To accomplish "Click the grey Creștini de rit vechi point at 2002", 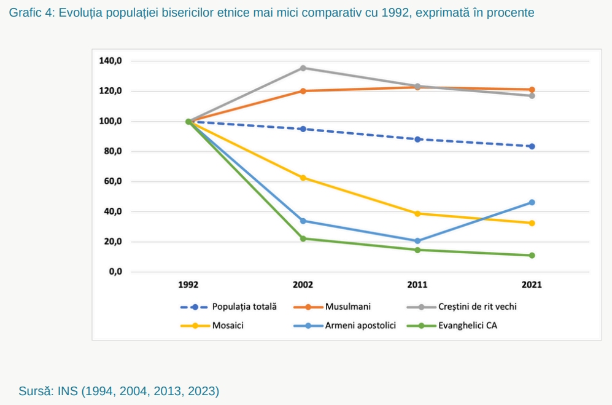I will [x=303, y=68].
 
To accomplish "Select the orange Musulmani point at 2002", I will [x=303, y=91].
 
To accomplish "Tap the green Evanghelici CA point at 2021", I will [x=532, y=255].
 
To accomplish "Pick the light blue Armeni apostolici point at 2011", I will [x=417, y=241].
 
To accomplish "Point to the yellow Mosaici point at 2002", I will [x=303, y=178].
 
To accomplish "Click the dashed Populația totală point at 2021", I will [x=532, y=146].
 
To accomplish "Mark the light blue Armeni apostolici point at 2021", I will [x=532, y=202].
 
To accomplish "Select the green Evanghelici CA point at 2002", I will [x=303, y=238].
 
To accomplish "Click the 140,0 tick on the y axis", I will [x=110, y=61].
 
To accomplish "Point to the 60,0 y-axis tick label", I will [x=110, y=181].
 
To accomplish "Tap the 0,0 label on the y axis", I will [x=115, y=272].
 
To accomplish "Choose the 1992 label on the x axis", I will [x=188, y=285].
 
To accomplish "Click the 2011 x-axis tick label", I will [x=417, y=285].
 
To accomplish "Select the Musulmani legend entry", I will [x=347, y=306].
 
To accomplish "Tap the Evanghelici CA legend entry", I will [x=467, y=325].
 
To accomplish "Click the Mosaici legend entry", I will [x=228, y=325].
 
